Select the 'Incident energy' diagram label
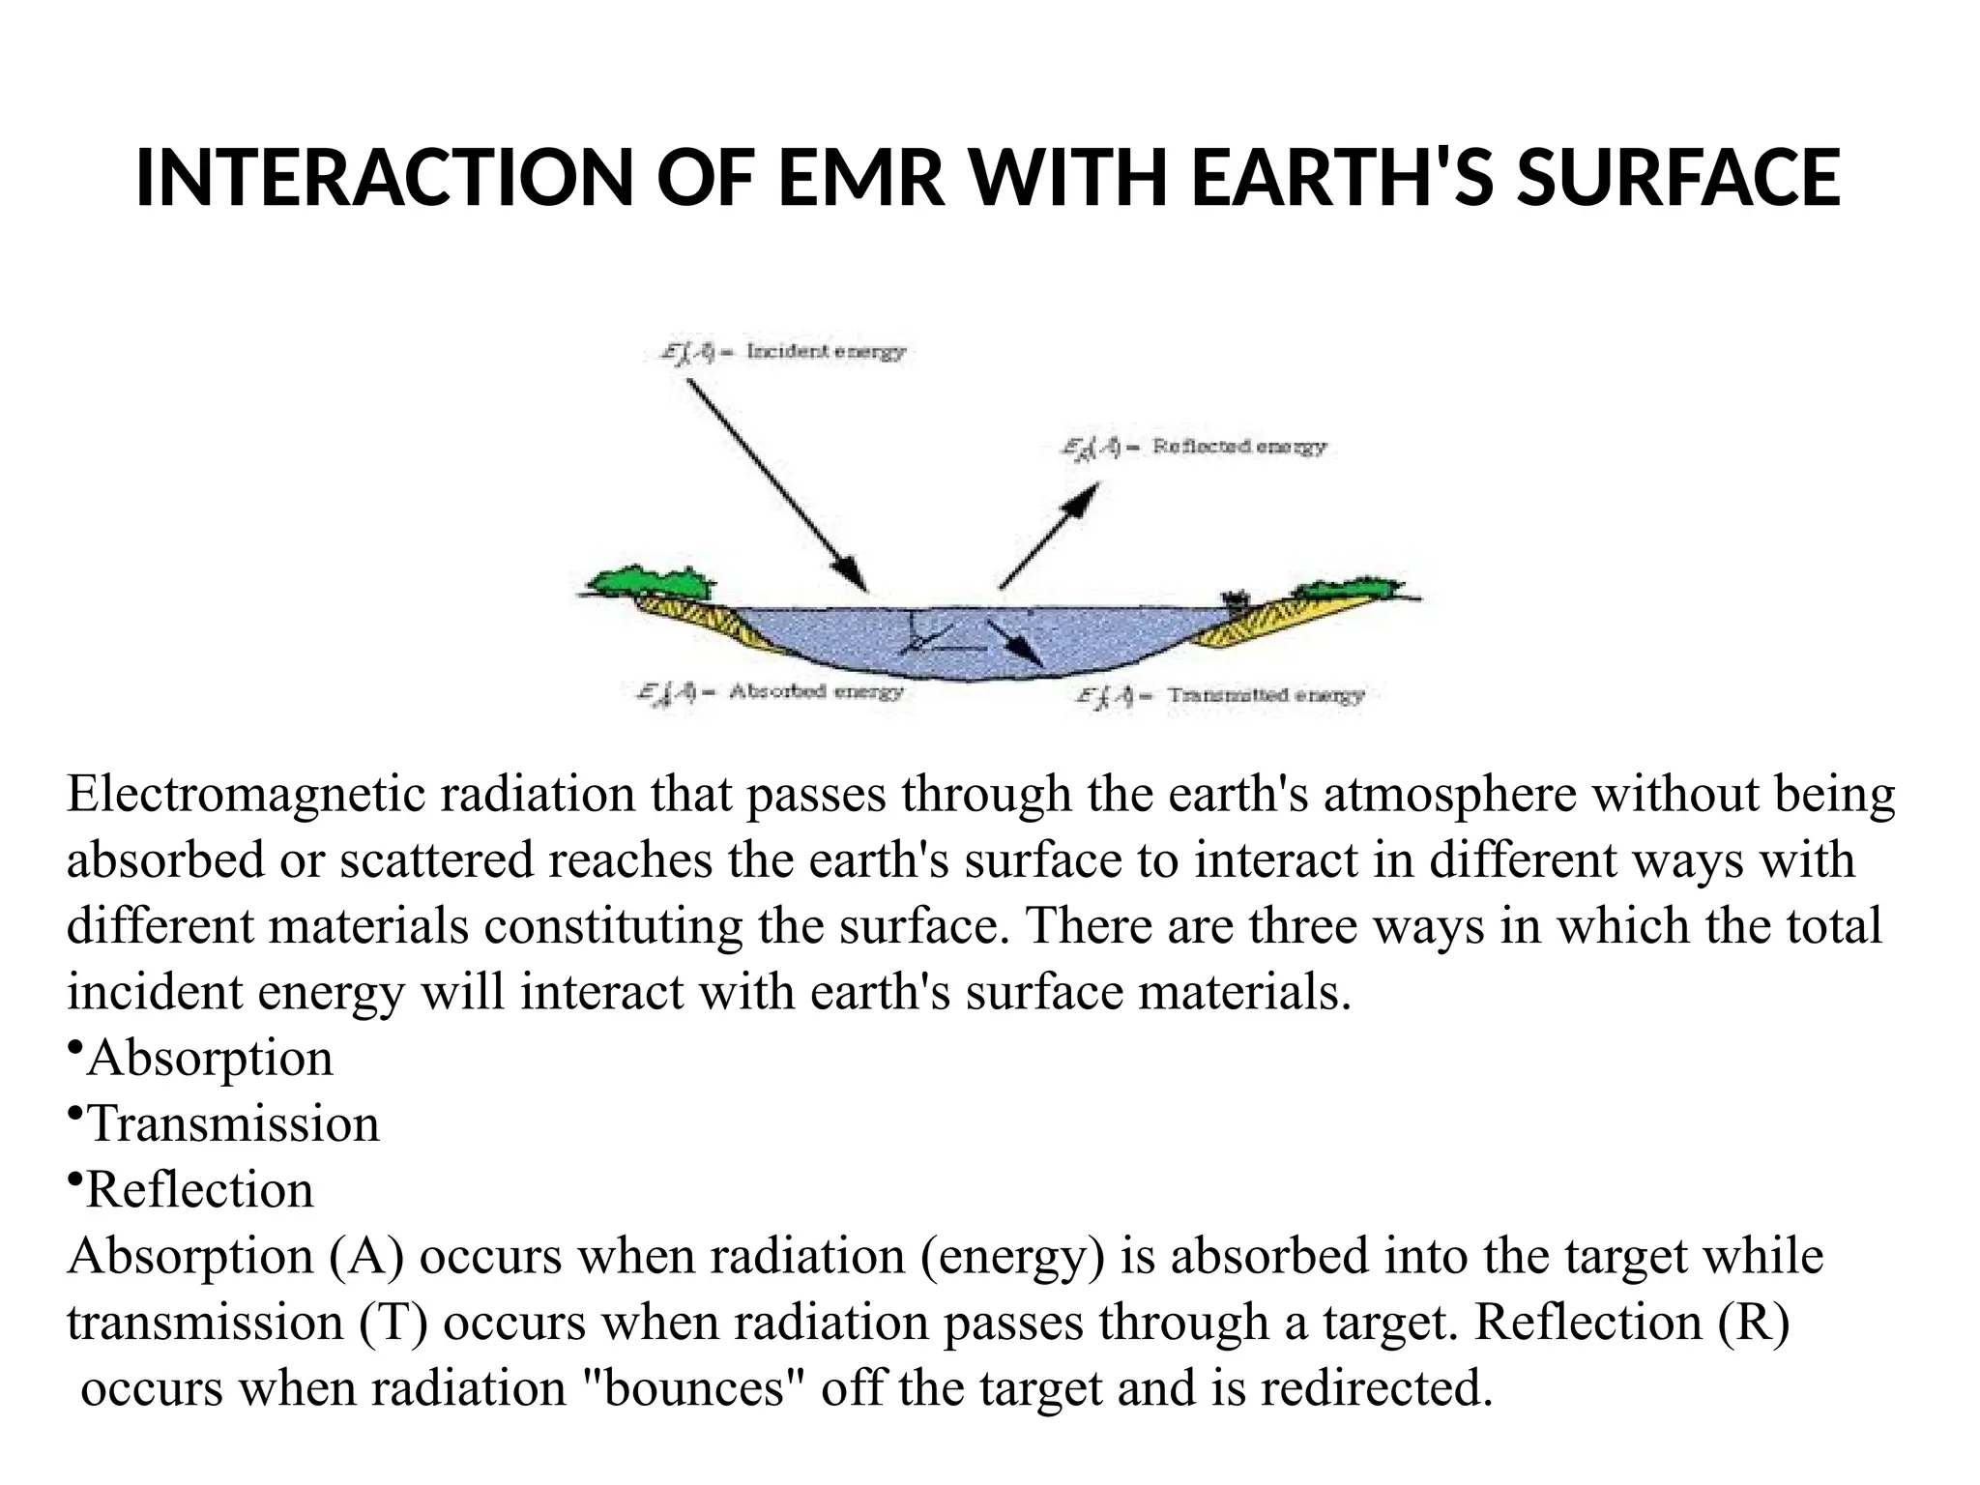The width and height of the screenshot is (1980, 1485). pyautogui.click(x=826, y=352)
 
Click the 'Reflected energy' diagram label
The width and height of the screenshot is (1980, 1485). pyautogui.click(x=1238, y=447)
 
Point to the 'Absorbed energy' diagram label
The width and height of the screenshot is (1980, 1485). pyautogui.click(x=815, y=691)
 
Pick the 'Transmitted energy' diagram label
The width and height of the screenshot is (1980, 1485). pyautogui.click(x=1266, y=695)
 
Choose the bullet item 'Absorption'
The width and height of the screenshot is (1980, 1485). pyautogui.click(x=209, y=1058)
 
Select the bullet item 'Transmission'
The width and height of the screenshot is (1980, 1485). pyautogui.click(x=232, y=1123)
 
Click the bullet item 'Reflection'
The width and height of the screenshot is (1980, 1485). pyautogui.click(x=199, y=1190)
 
